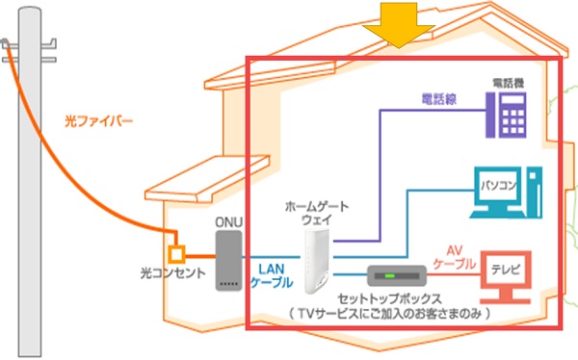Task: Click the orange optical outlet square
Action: (175, 254)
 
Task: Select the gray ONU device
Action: (225, 263)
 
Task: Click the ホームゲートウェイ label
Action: (317, 213)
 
